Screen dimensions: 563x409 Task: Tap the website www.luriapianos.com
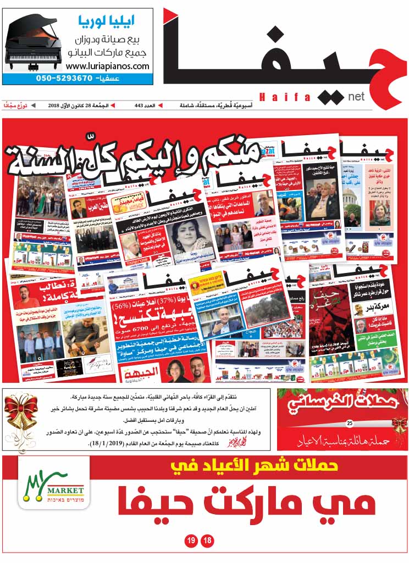[x=107, y=66]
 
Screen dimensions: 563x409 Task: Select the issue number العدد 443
[x=146, y=105]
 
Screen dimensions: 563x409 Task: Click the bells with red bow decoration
[x=20, y=420]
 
